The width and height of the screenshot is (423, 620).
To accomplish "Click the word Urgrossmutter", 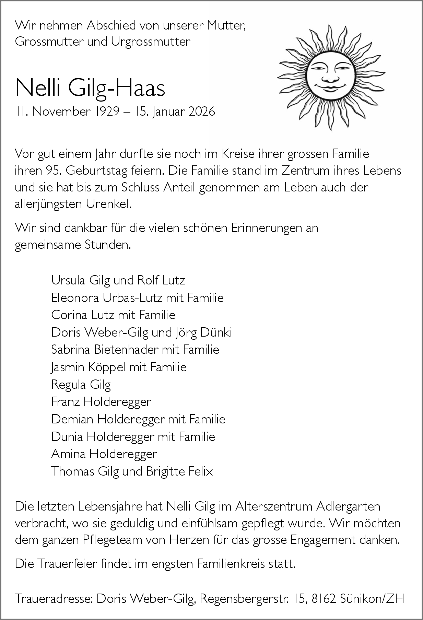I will click(x=151, y=42).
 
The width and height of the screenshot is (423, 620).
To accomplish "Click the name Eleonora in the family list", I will click(x=75, y=297).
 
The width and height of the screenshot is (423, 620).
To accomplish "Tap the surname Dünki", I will click(x=216, y=332).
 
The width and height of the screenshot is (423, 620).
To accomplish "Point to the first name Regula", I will click(x=69, y=385).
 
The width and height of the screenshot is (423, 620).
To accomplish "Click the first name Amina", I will click(x=68, y=454).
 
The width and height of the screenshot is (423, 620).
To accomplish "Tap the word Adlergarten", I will click(x=349, y=506).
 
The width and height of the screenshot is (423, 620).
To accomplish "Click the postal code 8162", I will click(x=324, y=599).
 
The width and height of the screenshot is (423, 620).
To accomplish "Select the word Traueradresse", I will click(x=54, y=599).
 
